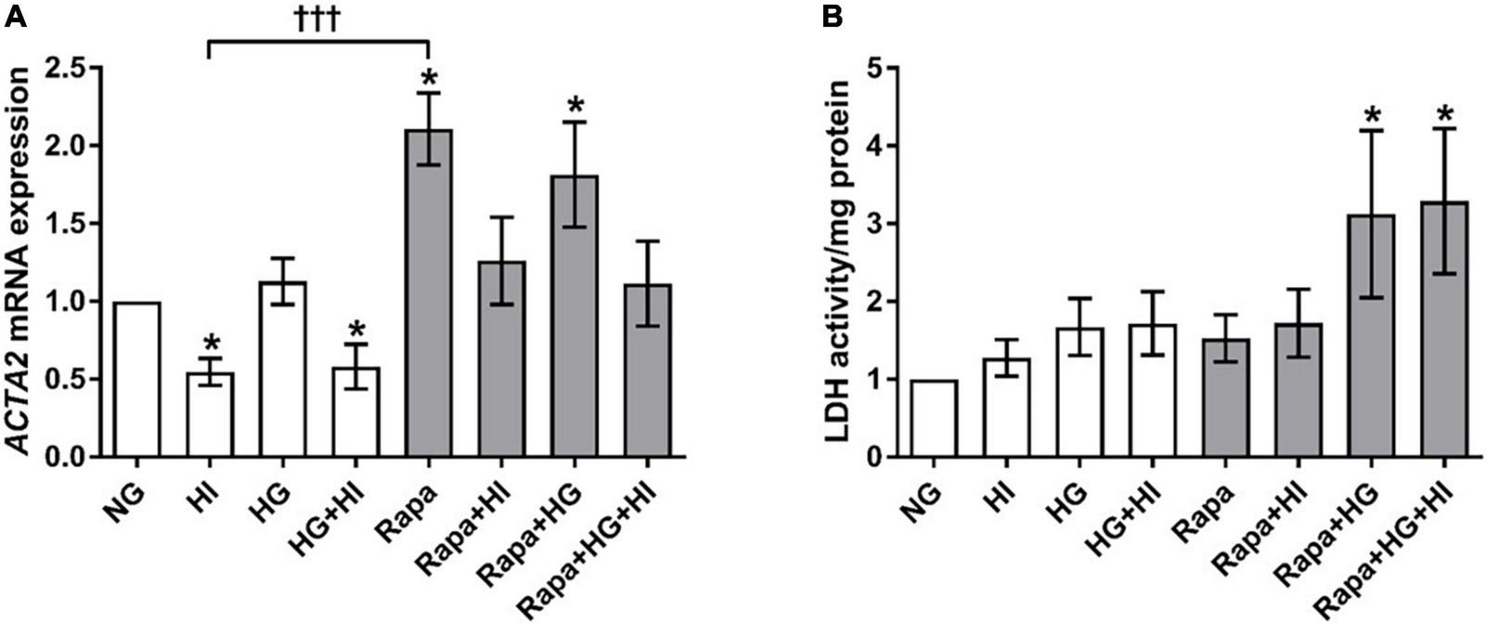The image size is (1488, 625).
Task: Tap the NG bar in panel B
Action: pos(935,418)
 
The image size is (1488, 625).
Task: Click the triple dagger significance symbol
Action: pos(316,20)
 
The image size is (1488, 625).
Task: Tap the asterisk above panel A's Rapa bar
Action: pos(428,76)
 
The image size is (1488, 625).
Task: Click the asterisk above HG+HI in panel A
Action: pos(355,330)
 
